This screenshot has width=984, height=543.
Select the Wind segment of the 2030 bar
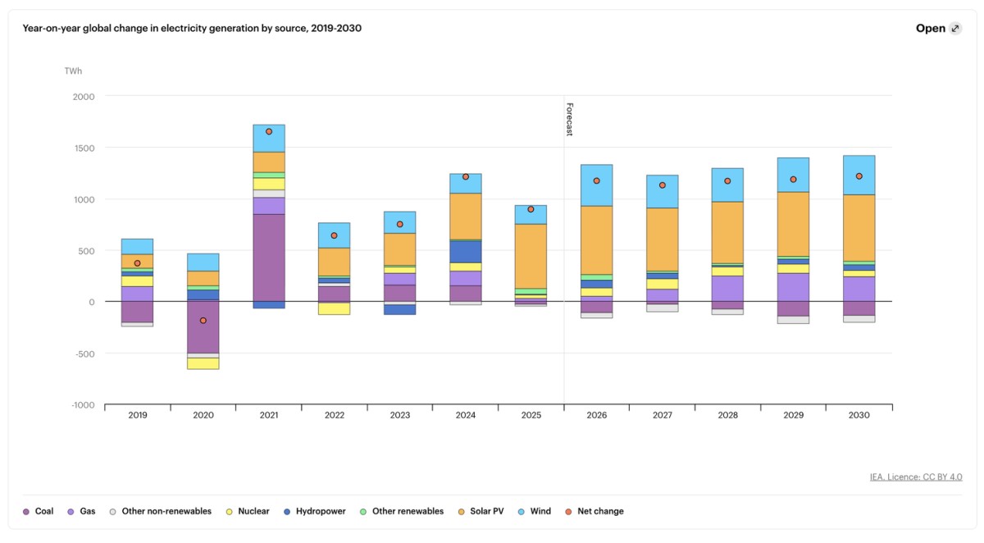pos(859,175)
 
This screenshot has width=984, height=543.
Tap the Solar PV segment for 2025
pos(531,255)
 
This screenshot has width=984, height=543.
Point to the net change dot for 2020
pos(203,321)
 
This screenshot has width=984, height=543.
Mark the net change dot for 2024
pos(466,176)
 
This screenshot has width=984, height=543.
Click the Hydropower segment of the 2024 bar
pos(465,251)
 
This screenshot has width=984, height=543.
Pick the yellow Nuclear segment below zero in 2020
pos(203,363)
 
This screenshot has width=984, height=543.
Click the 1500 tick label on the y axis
pos(84,148)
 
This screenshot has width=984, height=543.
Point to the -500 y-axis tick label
pos(84,354)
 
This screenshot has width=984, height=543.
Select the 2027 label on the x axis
pos(662,416)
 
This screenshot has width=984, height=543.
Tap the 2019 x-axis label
pos(138,416)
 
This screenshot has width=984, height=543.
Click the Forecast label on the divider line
pos(568,119)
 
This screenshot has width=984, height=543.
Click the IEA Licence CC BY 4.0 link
pos(916,477)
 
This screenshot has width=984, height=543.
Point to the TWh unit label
pos(73,71)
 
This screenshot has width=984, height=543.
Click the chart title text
pos(192,28)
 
